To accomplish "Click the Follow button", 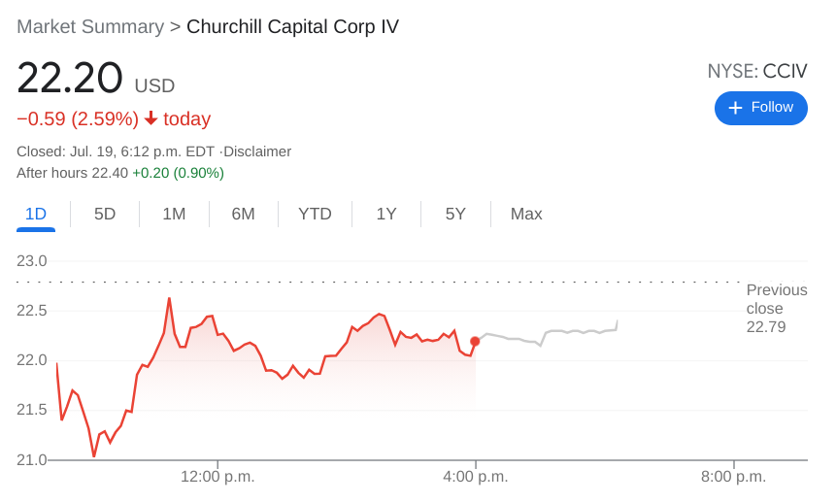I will coord(760,108).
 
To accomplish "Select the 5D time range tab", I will coord(105,214).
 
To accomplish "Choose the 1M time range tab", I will coord(174,214).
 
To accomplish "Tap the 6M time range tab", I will coord(243,214).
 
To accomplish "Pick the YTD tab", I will coord(315,214).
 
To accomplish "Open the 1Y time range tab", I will coord(386,214).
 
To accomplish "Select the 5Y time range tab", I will coord(455,214).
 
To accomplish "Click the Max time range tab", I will coord(526,214).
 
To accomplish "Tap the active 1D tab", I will coord(36,214).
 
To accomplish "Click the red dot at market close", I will coord(475,341).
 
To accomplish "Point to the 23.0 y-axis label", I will coord(32,260).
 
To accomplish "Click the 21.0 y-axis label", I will coord(32,459).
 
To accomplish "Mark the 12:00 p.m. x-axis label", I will coord(217,477).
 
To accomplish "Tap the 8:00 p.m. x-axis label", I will coord(733,477).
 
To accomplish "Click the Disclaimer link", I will coord(257,151).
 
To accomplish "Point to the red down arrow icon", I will coord(150,118).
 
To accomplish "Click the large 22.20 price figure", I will coord(70,79).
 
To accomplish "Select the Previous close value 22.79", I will coord(766,327).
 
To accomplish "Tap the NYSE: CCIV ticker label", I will coord(756,71).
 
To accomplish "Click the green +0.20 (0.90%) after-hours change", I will coord(178,173).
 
